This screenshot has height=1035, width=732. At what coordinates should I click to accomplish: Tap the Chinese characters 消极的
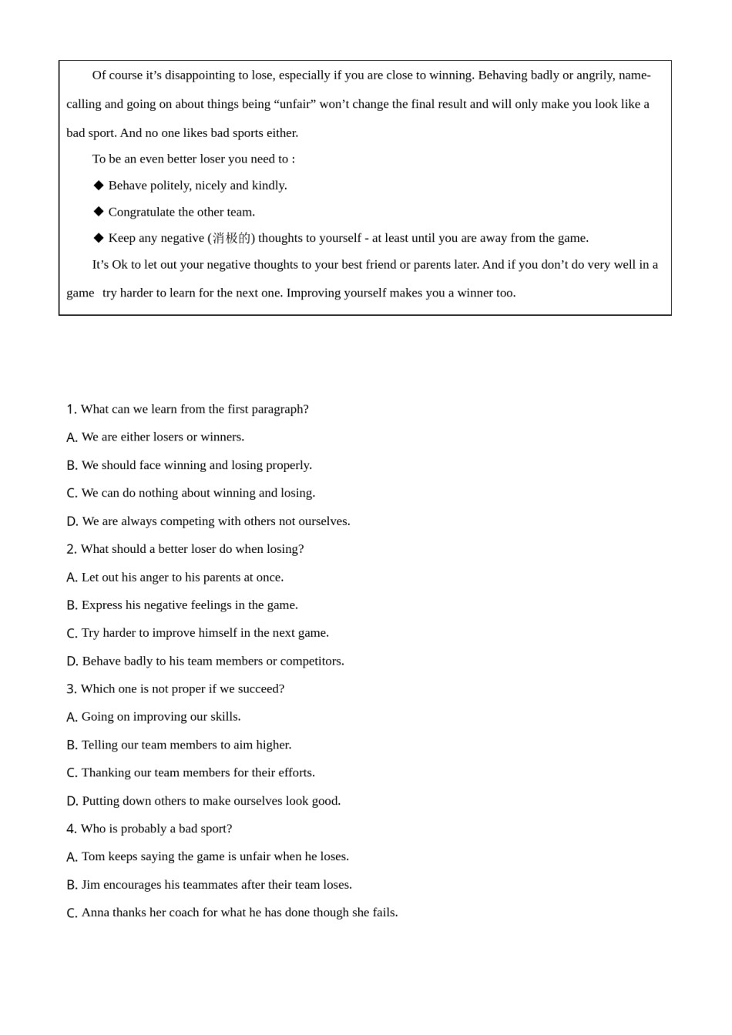point(231,238)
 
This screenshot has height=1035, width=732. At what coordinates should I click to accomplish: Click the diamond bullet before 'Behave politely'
point(99,186)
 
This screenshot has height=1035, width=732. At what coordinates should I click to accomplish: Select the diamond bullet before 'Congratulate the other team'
point(99,212)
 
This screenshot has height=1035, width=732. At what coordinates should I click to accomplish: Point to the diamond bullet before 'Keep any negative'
point(99,238)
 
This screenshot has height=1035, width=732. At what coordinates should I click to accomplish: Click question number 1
point(71,409)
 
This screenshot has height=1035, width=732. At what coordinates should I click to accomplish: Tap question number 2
point(71,549)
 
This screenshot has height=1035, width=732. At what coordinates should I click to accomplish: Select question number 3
point(71,689)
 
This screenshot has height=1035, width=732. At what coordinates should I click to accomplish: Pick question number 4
point(71,829)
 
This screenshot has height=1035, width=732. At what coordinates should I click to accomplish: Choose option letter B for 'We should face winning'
point(72,465)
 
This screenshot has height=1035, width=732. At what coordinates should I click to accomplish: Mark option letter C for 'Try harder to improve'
point(72,633)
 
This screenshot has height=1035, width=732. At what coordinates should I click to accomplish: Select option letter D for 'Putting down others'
point(72,801)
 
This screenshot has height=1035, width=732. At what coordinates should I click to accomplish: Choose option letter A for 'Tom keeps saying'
point(72,856)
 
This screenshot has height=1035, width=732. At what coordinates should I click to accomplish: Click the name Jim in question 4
point(91,885)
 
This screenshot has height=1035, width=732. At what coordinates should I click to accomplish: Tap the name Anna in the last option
point(95,913)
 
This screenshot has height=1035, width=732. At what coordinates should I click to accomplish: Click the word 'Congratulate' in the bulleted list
point(142,212)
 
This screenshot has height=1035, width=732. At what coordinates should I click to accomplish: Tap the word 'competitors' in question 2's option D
point(312,661)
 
